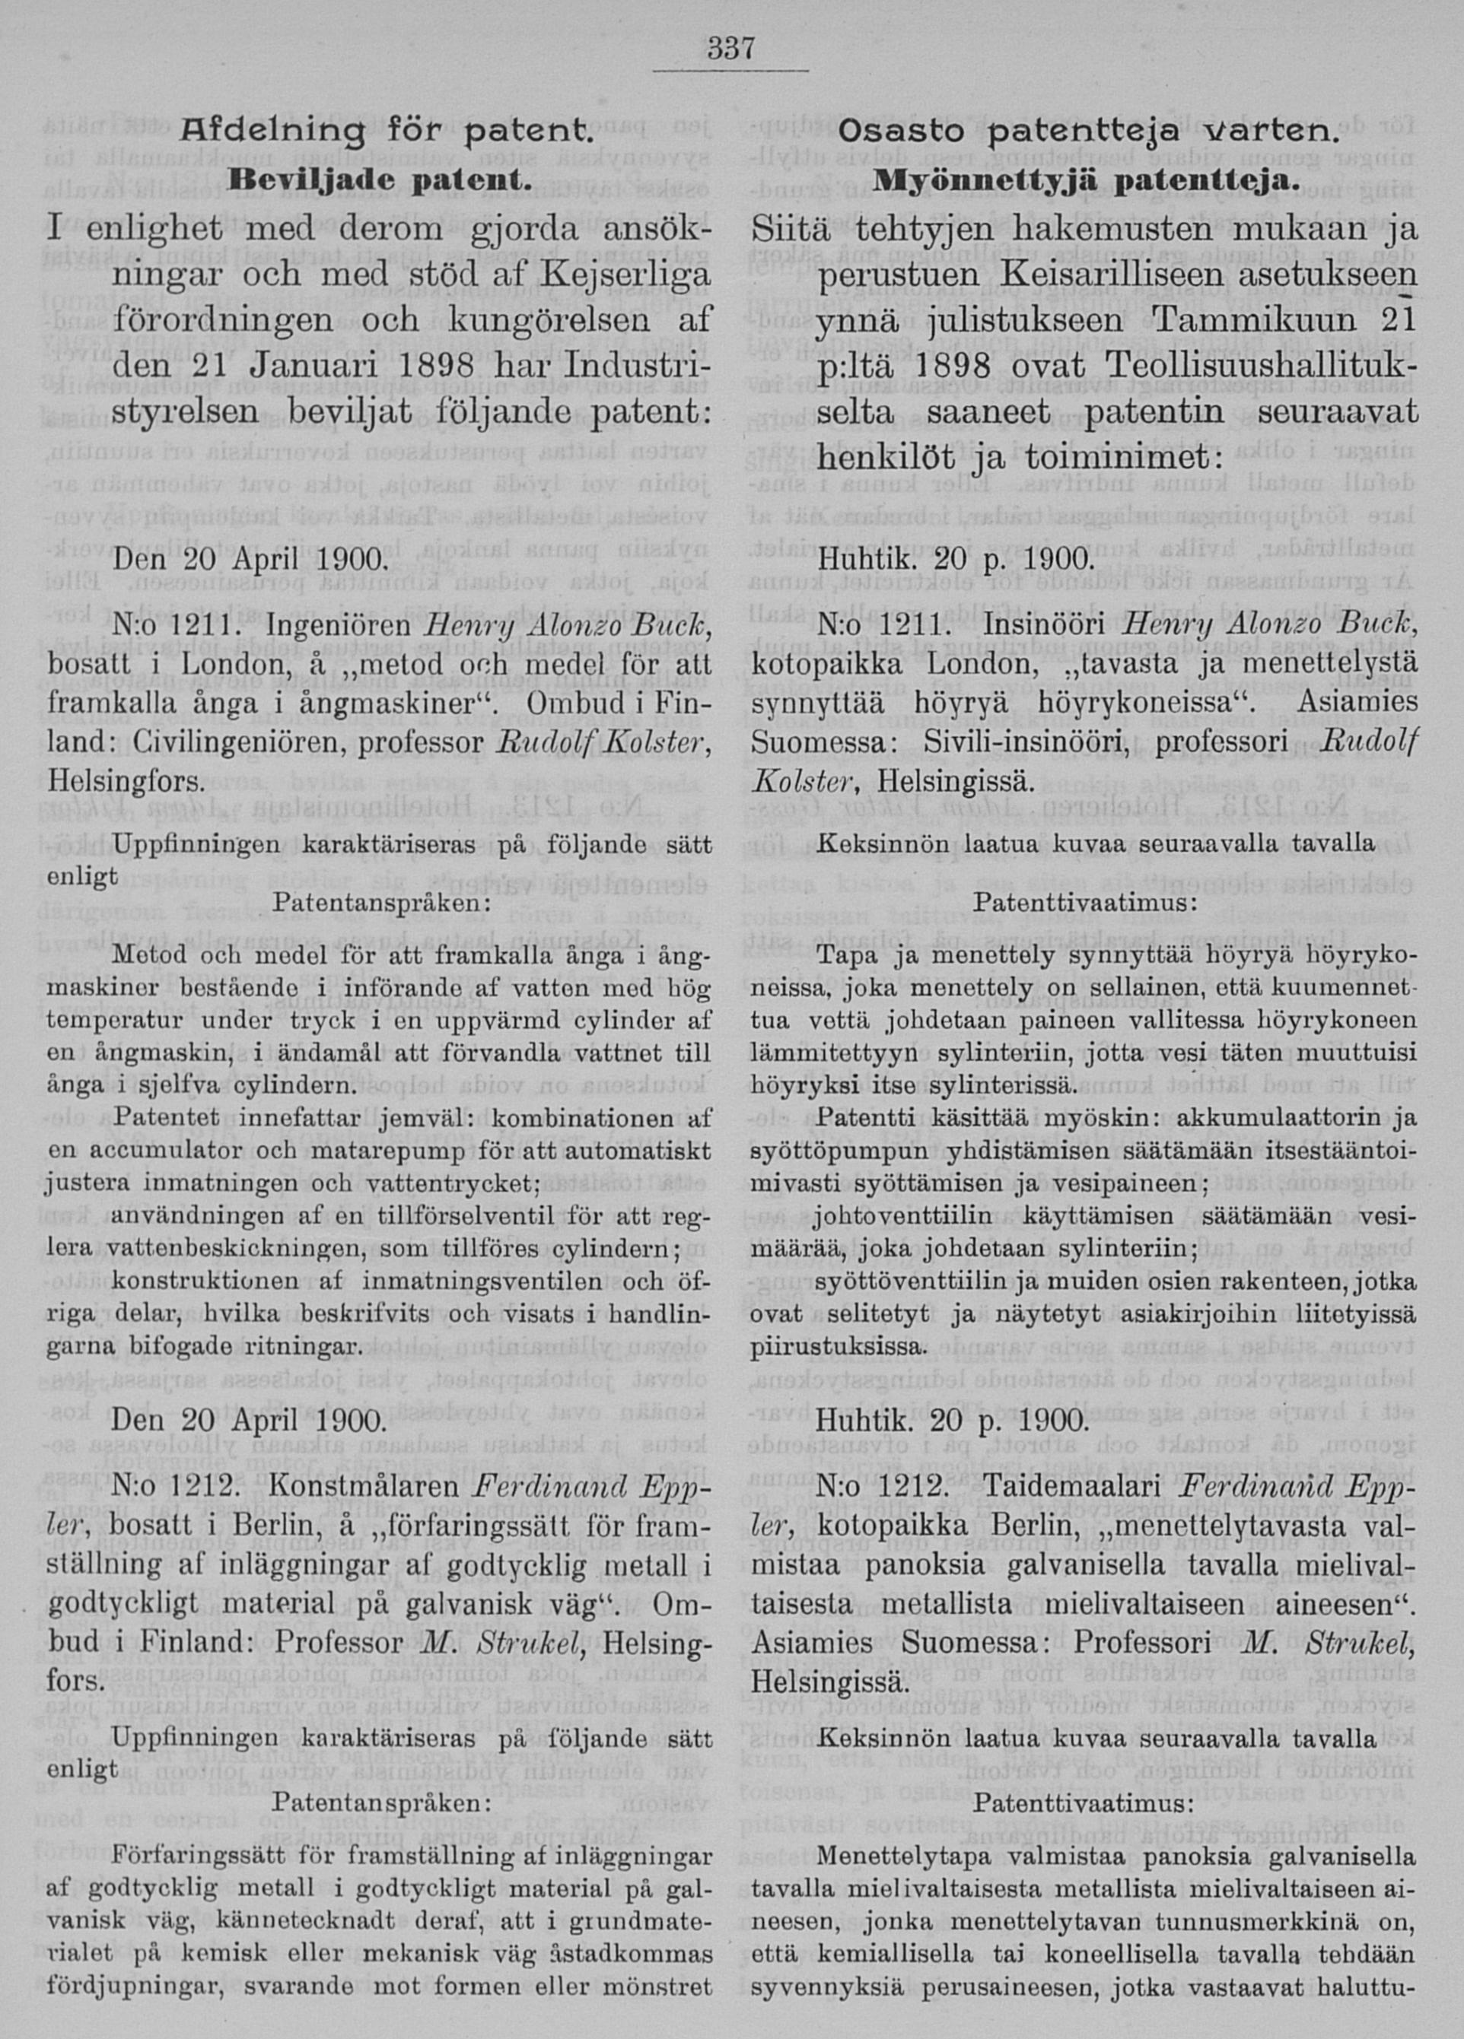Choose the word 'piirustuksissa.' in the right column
tap(837, 1349)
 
